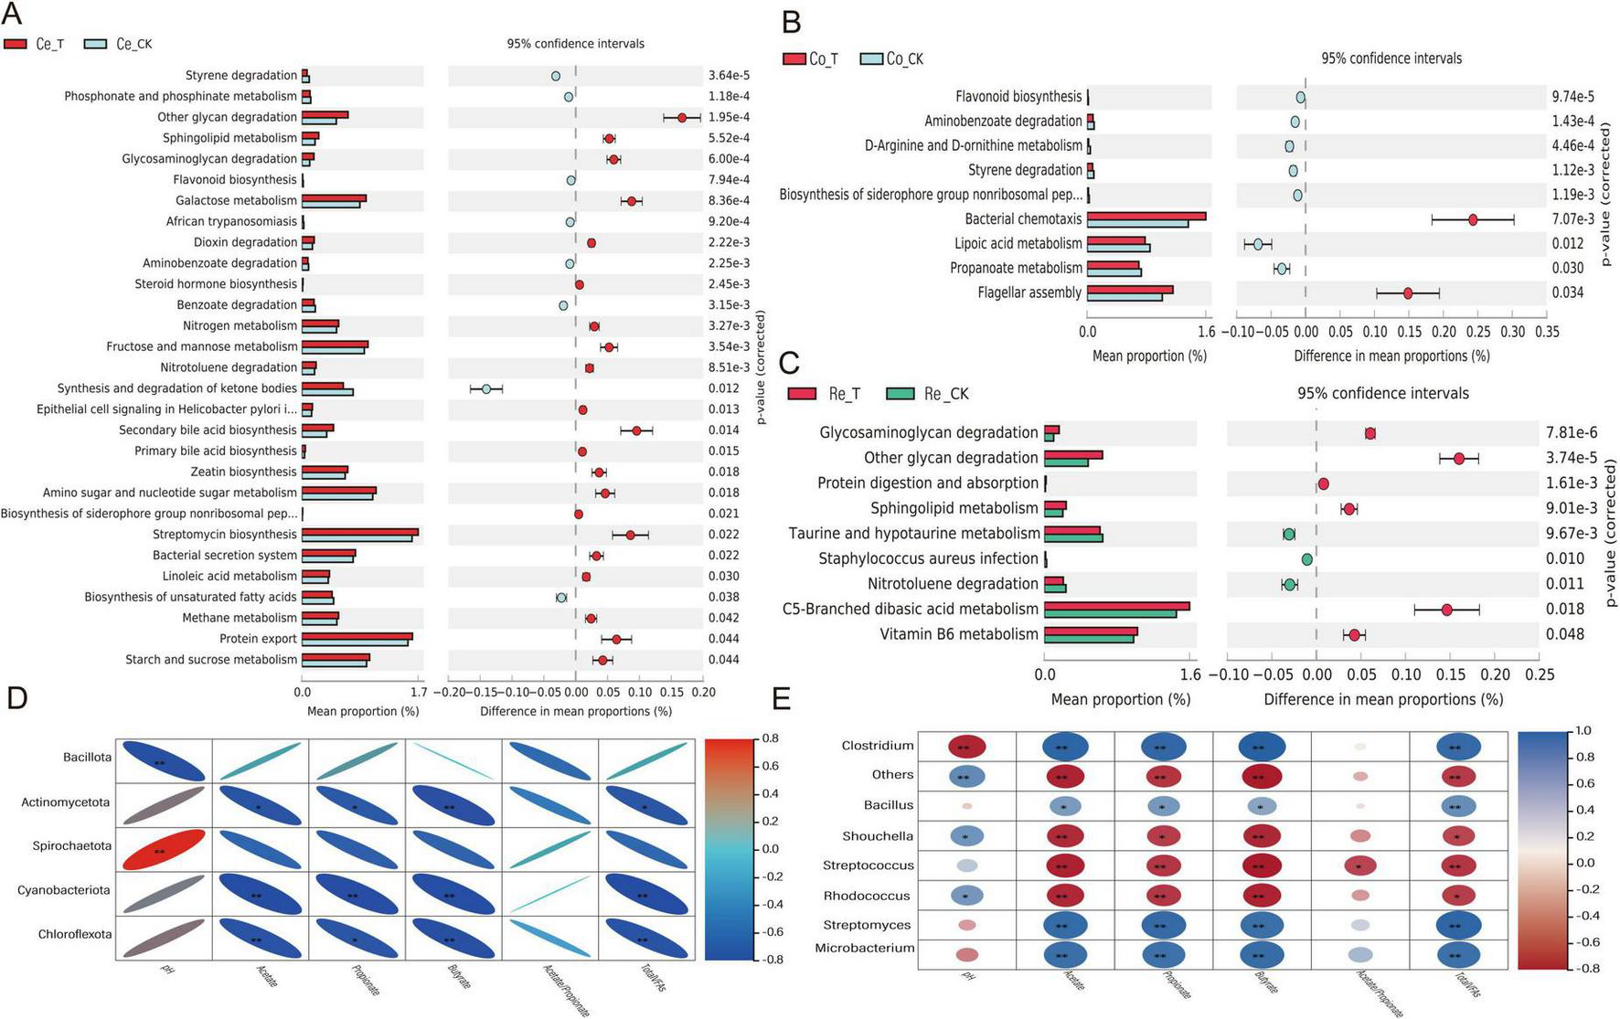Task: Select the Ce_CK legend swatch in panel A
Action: (95, 44)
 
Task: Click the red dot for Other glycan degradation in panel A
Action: (682, 117)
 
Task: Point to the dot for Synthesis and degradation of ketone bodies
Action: (486, 388)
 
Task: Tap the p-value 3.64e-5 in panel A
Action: (729, 75)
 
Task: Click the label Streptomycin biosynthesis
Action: (225, 535)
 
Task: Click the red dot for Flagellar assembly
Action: (1408, 293)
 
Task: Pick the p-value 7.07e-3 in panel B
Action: (1572, 219)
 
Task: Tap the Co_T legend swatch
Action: (794, 58)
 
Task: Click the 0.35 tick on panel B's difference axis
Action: (1547, 331)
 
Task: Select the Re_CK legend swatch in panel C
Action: (901, 394)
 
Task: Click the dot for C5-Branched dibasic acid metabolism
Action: (1446, 610)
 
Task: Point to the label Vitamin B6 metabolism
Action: (959, 634)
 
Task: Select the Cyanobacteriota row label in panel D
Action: (64, 890)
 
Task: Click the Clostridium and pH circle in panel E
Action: (966, 747)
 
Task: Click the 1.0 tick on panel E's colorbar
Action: (1583, 730)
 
